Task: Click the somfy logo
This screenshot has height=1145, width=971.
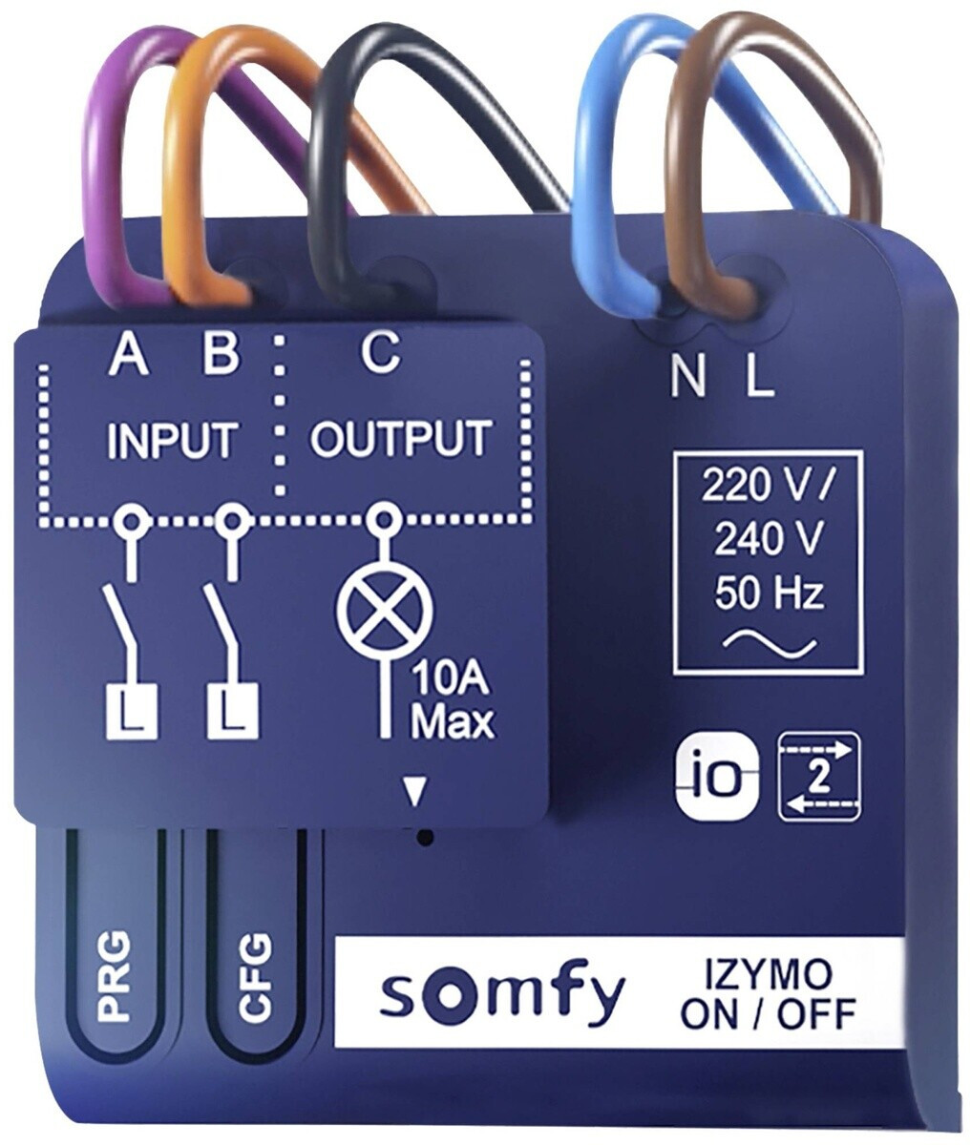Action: (x=502, y=995)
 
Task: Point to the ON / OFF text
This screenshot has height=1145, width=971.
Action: (x=768, y=1013)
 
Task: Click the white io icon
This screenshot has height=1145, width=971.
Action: (x=718, y=777)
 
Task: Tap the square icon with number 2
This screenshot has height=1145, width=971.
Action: (x=819, y=777)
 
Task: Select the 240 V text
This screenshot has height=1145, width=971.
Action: (x=769, y=541)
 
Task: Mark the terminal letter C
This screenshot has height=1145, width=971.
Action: (x=380, y=353)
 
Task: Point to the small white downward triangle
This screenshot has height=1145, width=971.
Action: (x=413, y=791)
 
